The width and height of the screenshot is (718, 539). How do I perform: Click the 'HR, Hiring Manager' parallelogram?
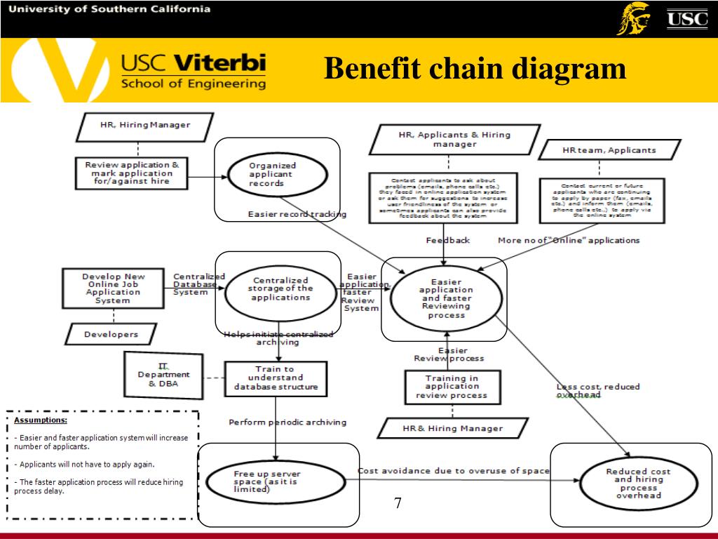pos(144,126)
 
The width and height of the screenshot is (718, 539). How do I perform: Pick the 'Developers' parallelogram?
pos(111,334)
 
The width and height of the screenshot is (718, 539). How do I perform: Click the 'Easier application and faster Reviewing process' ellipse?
pos(446,298)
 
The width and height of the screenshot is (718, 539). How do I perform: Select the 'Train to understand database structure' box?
pos(276,378)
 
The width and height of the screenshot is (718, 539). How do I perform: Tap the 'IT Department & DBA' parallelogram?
pos(163,375)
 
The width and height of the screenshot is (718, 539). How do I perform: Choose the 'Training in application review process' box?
pos(452,387)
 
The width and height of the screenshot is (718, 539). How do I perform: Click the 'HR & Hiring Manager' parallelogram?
pos(452,428)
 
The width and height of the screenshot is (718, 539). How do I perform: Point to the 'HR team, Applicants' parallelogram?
pos(609,150)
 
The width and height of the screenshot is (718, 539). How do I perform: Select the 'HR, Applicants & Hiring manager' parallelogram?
pos(454,139)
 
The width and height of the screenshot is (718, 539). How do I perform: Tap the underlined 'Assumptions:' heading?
pos(41,420)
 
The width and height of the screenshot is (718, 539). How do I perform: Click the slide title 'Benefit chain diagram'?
pos(475,69)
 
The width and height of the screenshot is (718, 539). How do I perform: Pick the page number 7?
pos(398,503)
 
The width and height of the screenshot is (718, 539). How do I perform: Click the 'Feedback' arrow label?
pos(448,240)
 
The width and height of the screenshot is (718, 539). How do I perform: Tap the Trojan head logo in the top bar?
pos(632,19)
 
